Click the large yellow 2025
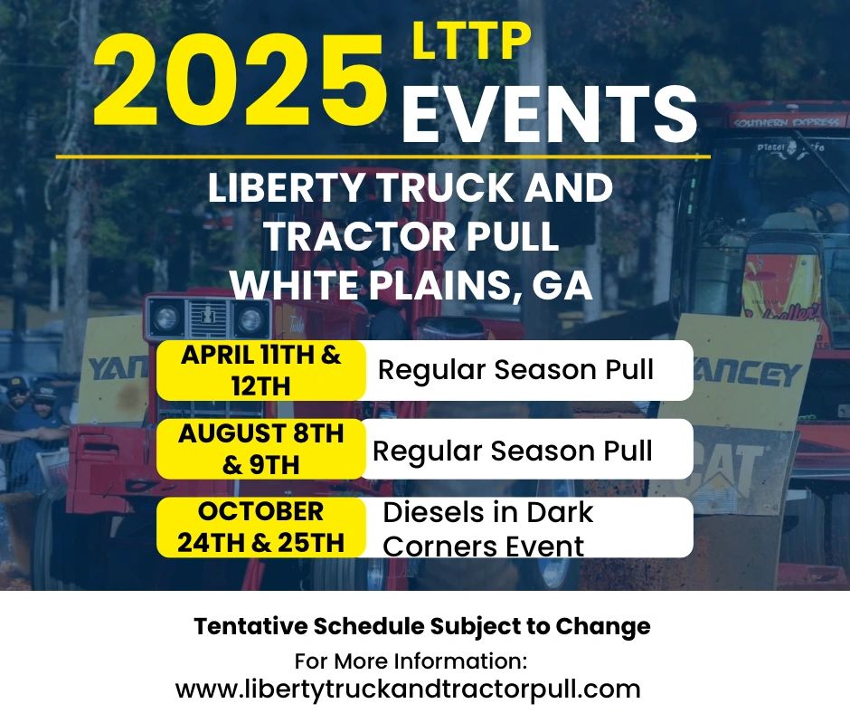coord(241,80)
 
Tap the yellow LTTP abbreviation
coord(471,41)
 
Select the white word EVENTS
coord(549,113)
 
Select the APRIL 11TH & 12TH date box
coord(261,371)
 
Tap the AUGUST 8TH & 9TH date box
coord(261,450)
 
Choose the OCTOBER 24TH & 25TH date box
coord(261,528)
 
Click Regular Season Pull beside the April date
coord(515,370)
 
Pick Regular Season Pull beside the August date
coord(513,451)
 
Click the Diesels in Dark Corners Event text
coord(488,529)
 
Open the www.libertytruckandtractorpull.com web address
coord(408,689)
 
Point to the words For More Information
coord(411,661)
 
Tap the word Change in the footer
coord(603,627)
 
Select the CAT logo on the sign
coord(729,466)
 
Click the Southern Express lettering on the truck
coord(789,122)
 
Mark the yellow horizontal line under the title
coord(382,157)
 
